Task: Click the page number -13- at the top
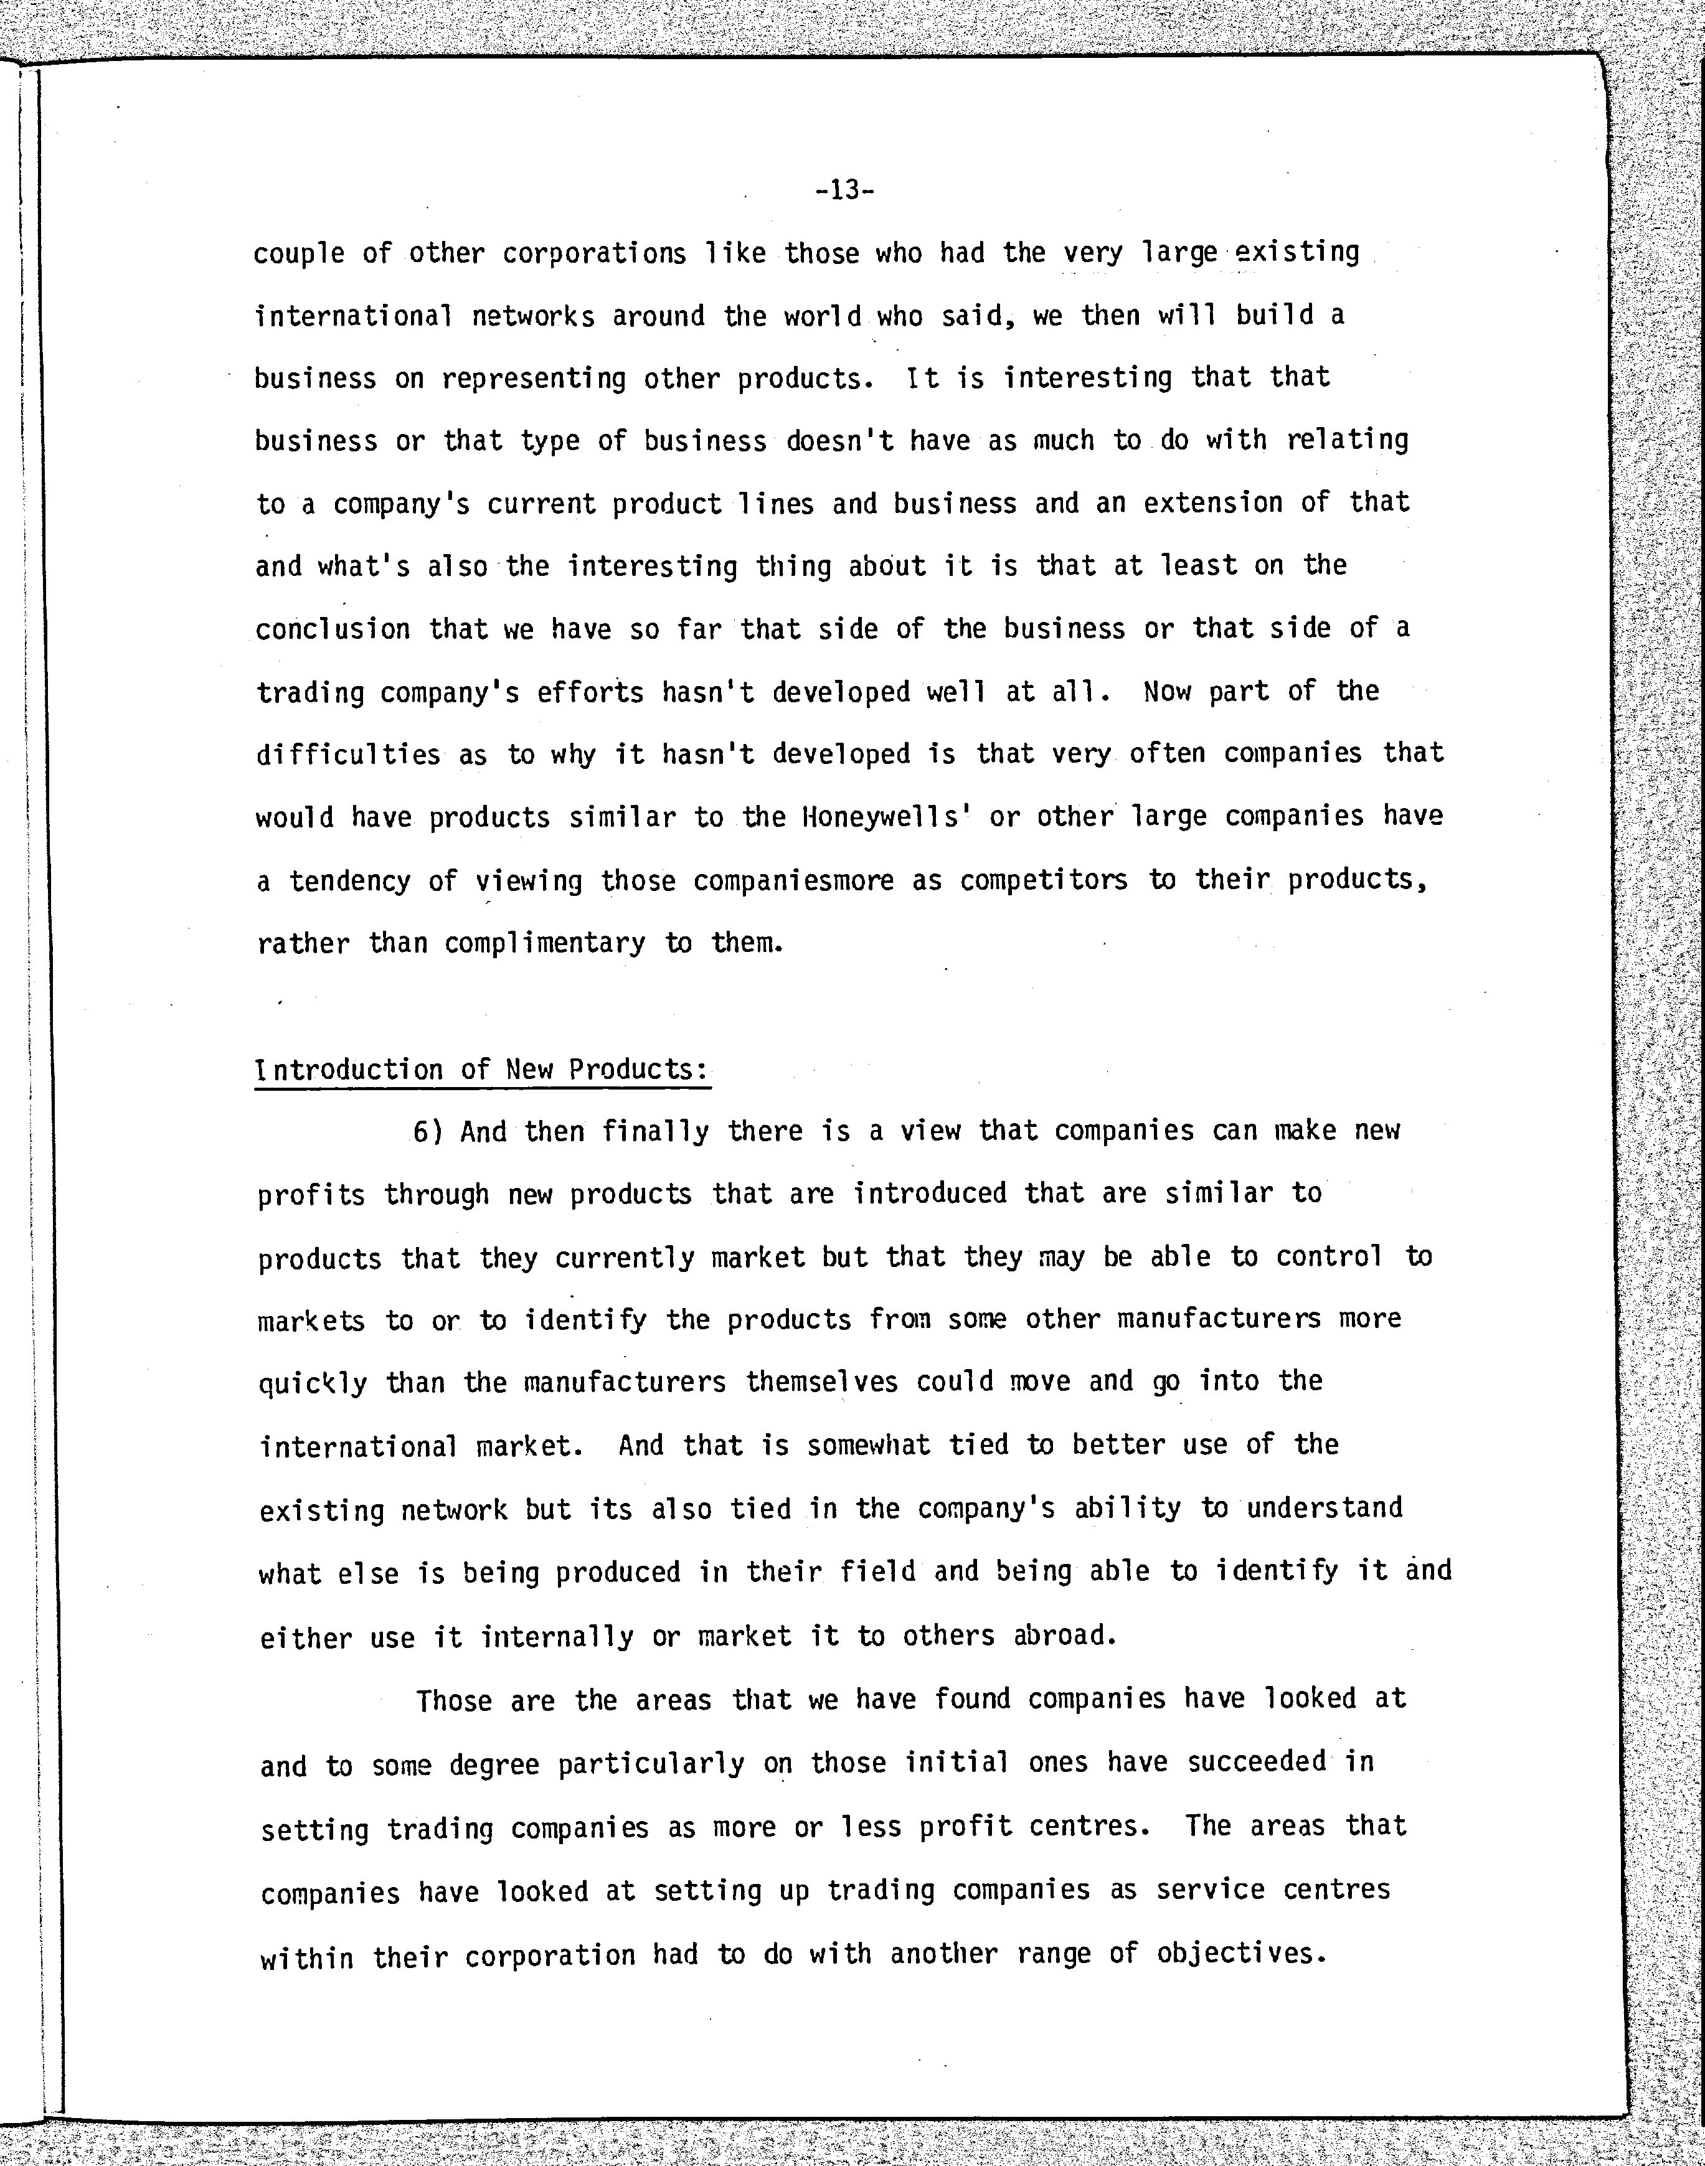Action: click(x=844, y=190)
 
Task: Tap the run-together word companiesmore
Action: click(x=793, y=882)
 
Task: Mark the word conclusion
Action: click(x=333, y=630)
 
